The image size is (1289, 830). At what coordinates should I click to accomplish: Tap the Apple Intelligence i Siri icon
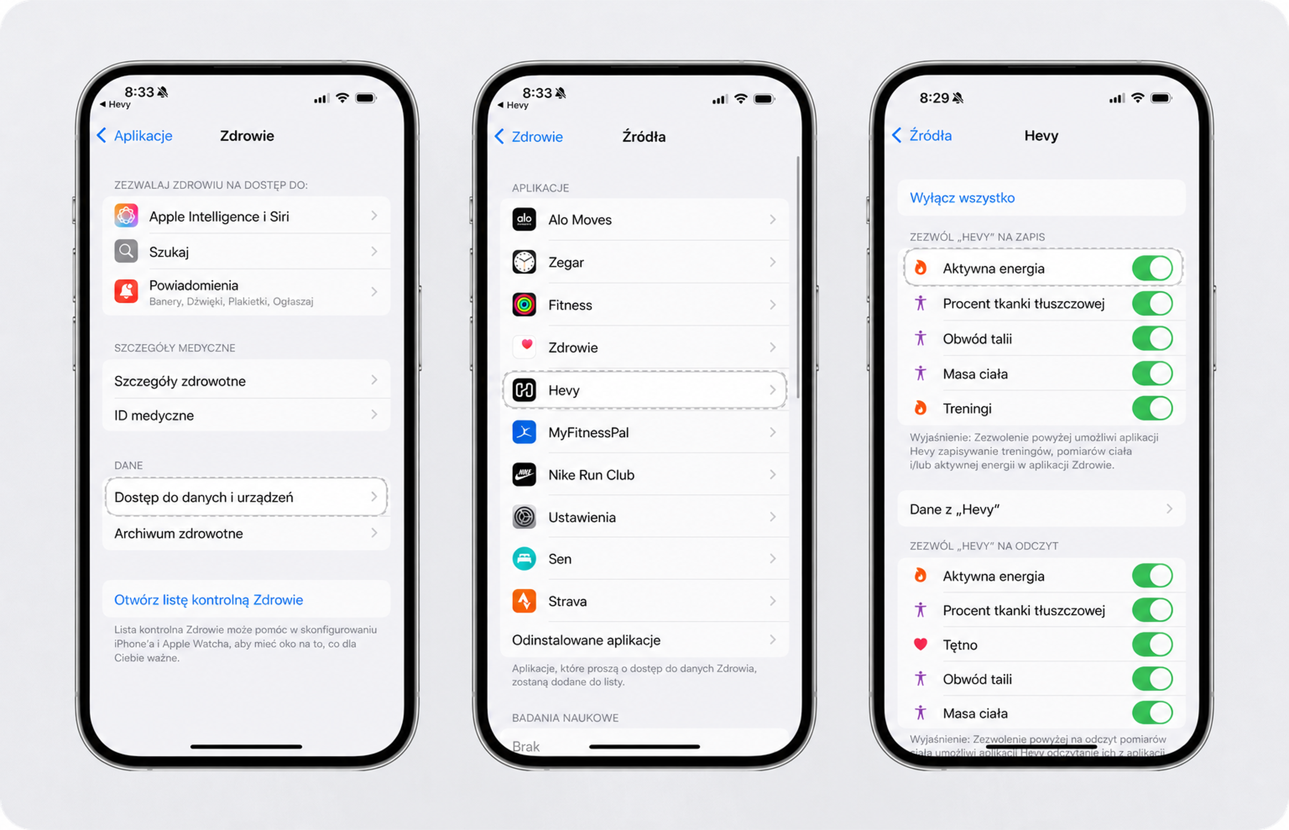pos(126,216)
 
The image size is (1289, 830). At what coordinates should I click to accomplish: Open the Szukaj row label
pos(169,252)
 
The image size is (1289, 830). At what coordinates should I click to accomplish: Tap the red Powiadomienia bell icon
pos(126,291)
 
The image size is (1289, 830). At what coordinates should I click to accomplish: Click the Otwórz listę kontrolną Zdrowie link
pos(208,600)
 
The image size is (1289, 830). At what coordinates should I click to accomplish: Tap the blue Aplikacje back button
pos(134,135)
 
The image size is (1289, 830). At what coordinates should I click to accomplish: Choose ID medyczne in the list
pos(154,415)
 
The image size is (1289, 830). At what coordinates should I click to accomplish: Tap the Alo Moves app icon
pos(524,220)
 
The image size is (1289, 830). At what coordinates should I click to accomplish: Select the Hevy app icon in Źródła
pos(524,390)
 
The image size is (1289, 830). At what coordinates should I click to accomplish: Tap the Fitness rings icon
pos(524,304)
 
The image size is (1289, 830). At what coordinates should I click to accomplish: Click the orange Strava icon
pos(524,601)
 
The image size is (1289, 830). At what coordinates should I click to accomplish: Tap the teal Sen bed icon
pos(524,558)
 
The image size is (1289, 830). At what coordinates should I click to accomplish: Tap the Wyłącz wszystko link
pos(962,198)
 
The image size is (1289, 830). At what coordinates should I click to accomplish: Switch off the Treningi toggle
pos(1152,408)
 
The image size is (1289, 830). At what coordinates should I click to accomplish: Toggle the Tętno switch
pos(1152,644)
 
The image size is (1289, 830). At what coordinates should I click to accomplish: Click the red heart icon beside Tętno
pos(920,644)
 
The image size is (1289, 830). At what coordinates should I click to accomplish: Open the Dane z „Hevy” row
pos(1041,509)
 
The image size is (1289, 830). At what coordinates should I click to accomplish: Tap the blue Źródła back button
pos(922,135)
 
